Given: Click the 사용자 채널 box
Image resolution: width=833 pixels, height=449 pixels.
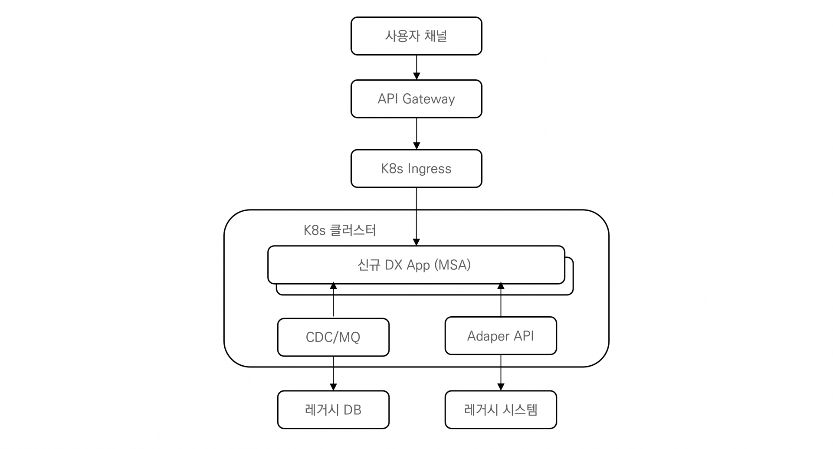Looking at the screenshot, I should (x=416, y=36).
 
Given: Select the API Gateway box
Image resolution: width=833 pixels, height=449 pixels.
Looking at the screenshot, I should (x=416, y=99).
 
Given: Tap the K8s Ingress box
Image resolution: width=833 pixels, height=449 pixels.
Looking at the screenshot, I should (x=416, y=169).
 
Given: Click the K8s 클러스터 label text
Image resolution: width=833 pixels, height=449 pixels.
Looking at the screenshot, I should (x=340, y=230).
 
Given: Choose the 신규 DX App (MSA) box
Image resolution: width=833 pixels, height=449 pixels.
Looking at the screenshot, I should (x=416, y=265).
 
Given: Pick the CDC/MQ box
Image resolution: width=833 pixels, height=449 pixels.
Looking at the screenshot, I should (x=333, y=338).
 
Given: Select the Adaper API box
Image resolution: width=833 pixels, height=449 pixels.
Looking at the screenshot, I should (x=501, y=336).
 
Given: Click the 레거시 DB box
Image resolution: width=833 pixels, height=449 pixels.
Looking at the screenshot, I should (x=333, y=410).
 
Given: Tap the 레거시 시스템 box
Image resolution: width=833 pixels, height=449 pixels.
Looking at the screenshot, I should (x=501, y=410).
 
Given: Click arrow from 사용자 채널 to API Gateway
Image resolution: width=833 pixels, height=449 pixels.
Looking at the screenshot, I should (x=416, y=67).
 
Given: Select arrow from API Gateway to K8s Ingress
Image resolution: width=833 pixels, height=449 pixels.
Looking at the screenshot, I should (x=416, y=134).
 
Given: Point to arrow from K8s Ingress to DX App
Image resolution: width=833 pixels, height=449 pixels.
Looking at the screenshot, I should (x=416, y=217).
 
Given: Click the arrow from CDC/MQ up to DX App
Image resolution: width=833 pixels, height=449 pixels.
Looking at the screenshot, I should (x=333, y=300).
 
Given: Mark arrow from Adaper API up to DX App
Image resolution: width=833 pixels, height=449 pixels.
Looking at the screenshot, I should (x=501, y=300).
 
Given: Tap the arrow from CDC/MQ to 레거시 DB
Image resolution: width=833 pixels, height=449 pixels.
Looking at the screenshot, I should (x=333, y=374).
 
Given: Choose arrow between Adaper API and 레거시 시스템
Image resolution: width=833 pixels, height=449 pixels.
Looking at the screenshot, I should (x=501, y=373).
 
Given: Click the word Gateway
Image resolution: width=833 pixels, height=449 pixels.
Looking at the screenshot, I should (x=429, y=99).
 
